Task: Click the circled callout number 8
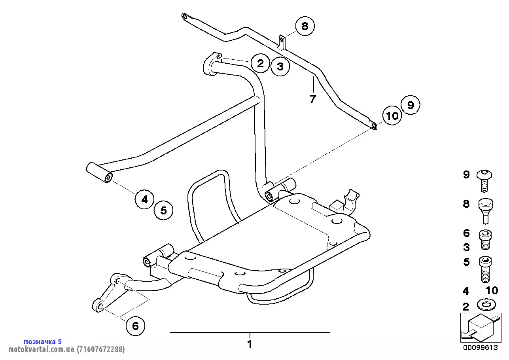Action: [x=305, y=26]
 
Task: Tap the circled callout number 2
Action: [x=260, y=63]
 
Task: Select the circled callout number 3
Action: [x=280, y=66]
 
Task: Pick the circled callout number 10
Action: [x=392, y=116]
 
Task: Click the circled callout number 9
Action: [x=411, y=105]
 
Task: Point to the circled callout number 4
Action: [x=144, y=199]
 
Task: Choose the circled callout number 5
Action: [x=163, y=210]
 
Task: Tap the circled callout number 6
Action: [x=135, y=326]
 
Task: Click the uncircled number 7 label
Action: [x=313, y=99]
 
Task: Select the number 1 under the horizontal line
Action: [x=250, y=344]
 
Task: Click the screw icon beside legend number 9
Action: [x=484, y=180]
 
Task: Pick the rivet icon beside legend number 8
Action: [x=486, y=211]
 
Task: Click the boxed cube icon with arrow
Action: [x=481, y=328]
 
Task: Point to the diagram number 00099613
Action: [x=481, y=348]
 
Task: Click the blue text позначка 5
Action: [x=43, y=341]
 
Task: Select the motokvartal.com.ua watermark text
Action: [x=66, y=349]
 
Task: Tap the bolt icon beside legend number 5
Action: [x=485, y=269]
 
